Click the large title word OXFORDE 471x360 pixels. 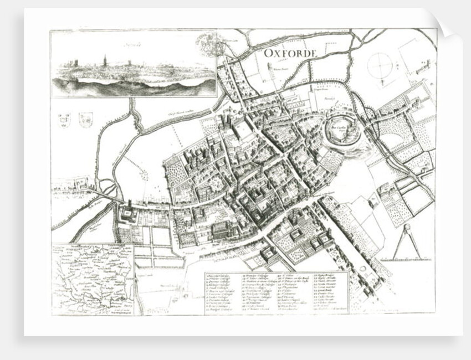coord(289,54)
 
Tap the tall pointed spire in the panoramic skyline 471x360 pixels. coord(104,61)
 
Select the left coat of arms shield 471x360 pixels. coord(64,119)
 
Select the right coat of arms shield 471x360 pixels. coord(85,119)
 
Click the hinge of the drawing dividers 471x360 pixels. coord(407,228)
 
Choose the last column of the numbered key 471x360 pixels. coord(330,292)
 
